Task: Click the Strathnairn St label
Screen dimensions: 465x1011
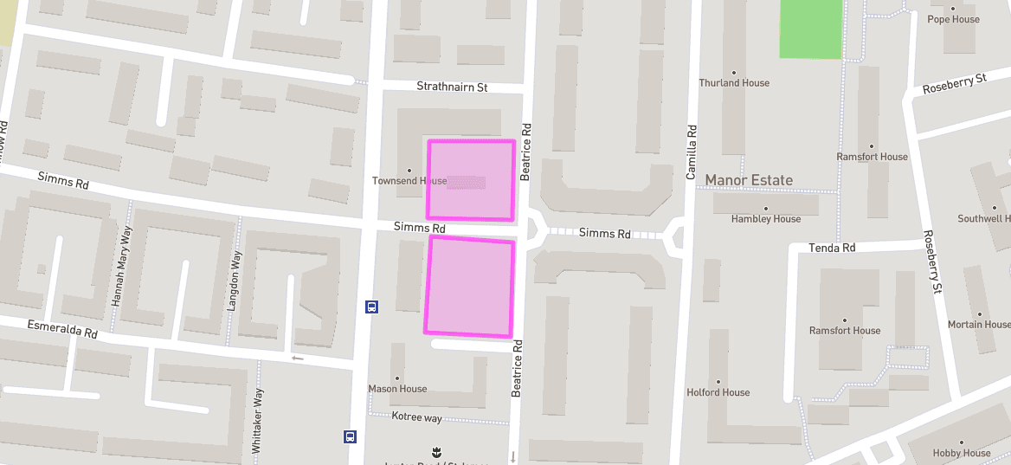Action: pos(452,87)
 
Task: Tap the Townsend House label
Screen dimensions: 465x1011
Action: pos(409,181)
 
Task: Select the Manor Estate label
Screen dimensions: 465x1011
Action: pos(749,180)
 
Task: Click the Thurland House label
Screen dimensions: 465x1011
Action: pos(734,83)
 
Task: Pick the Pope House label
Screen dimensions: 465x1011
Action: pos(953,19)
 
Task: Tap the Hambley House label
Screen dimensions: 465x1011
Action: pos(766,219)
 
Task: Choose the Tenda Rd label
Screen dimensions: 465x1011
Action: pos(832,248)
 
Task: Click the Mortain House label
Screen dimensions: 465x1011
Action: pos(979,325)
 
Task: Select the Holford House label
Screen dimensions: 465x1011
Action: pos(718,392)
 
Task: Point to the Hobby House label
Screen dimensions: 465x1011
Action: pos(961,453)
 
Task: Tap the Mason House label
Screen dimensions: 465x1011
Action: pos(397,389)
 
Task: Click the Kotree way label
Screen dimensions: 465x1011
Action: pos(416,418)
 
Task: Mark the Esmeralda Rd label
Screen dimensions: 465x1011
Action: pos(62,329)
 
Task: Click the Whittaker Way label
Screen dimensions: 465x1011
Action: pos(257,422)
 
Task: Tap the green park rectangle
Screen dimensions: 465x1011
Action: pos(810,29)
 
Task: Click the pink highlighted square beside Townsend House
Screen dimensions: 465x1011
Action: pos(472,180)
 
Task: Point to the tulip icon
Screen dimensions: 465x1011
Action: pos(437,451)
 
